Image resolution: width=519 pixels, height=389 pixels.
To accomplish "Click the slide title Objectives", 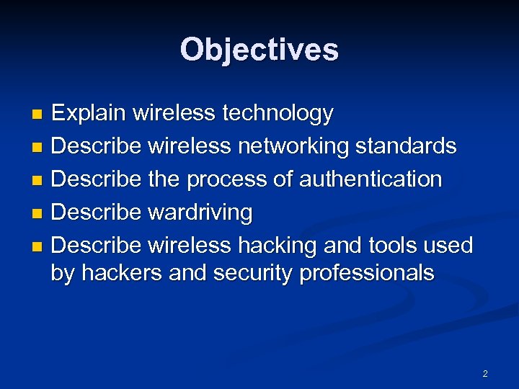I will coord(259,50).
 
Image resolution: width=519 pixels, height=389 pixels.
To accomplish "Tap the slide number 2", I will coord(485,373).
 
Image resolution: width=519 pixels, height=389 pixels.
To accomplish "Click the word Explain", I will coord(89,113).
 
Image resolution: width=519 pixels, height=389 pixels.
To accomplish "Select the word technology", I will coord(278,113).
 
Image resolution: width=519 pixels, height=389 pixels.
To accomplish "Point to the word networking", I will coord(291,146).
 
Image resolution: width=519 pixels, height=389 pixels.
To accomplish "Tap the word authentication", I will coord(371,179).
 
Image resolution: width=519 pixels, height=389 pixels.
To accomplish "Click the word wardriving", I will coord(200,213).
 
